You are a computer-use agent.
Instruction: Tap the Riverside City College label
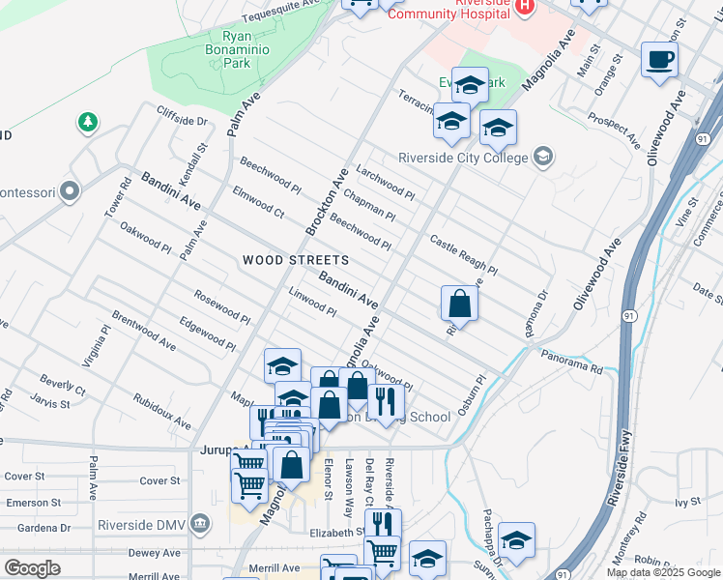(463, 158)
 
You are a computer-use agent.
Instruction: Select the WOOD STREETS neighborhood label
(295, 260)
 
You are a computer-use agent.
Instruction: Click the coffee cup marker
(659, 60)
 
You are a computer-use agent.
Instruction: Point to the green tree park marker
(88, 123)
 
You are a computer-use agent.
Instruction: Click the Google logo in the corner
(32, 567)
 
